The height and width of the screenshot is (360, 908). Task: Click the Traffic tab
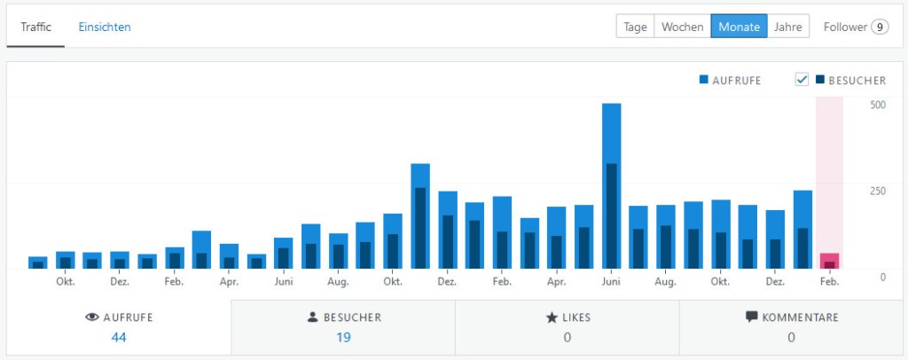pos(35,27)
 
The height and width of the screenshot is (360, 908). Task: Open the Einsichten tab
pos(105,27)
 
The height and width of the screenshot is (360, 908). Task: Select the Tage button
pos(635,27)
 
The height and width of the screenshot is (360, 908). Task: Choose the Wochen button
pos(683,27)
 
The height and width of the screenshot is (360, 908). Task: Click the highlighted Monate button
pos(739,27)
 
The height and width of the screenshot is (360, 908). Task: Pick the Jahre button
pos(788,27)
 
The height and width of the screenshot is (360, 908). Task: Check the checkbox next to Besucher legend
pos(802,80)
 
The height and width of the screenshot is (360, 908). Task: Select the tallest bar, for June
pos(611,186)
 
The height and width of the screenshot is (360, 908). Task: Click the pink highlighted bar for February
pos(829,261)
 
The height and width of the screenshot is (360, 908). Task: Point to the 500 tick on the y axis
pos(878,105)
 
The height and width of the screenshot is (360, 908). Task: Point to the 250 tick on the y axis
pos(878,191)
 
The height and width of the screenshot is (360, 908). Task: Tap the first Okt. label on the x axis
pos(65,282)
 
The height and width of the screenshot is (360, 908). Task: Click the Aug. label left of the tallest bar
pos(338,282)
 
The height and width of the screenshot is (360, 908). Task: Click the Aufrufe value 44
pos(119,337)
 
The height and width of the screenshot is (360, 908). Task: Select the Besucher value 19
pos(343,337)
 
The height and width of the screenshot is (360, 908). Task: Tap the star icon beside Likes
pos(551,317)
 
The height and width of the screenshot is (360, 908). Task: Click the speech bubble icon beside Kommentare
pos(752,317)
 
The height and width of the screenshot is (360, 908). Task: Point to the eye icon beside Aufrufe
pos(91,317)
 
